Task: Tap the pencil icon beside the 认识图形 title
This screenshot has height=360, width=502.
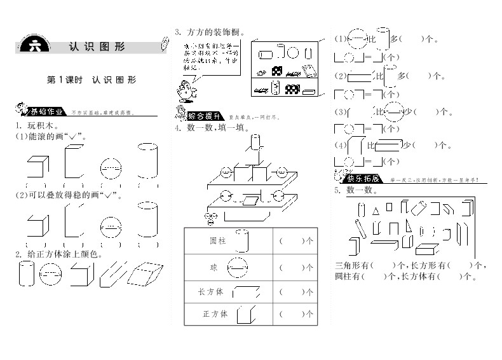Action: coord(165,44)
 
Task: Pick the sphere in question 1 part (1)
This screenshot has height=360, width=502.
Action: coord(111,168)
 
